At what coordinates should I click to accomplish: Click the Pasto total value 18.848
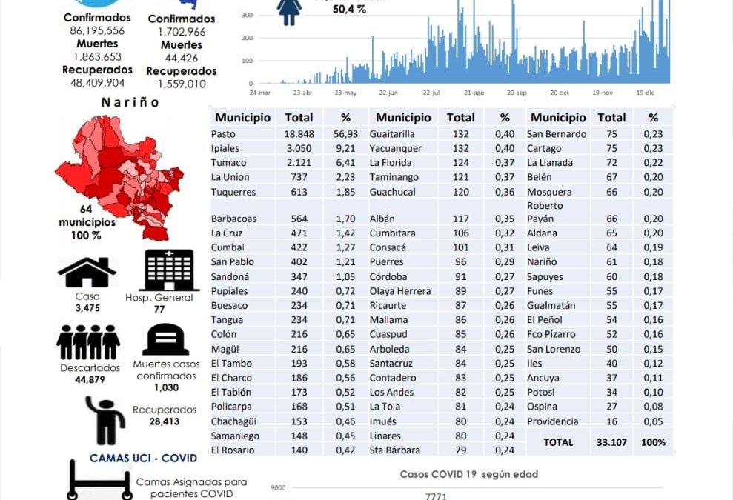click(x=299, y=134)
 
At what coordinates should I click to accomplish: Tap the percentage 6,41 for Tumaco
click(x=345, y=163)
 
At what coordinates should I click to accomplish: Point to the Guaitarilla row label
click(x=396, y=134)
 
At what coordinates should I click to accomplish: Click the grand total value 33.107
click(x=611, y=442)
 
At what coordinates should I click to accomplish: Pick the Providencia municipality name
click(x=553, y=421)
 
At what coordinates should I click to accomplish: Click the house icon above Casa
click(x=87, y=273)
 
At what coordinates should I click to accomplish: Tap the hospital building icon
click(x=169, y=270)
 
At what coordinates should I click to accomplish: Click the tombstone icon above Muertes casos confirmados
click(x=166, y=340)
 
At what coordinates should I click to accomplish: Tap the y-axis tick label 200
click(x=246, y=38)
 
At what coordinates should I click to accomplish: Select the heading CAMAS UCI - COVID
click(x=144, y=459)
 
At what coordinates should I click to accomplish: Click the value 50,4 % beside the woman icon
click(x=349, y=10)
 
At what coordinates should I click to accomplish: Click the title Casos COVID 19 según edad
click(x=468, y=474)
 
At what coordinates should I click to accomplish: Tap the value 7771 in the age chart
click(x=437, y=496)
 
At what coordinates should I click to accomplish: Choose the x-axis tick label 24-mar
click(x=259, y=93)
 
